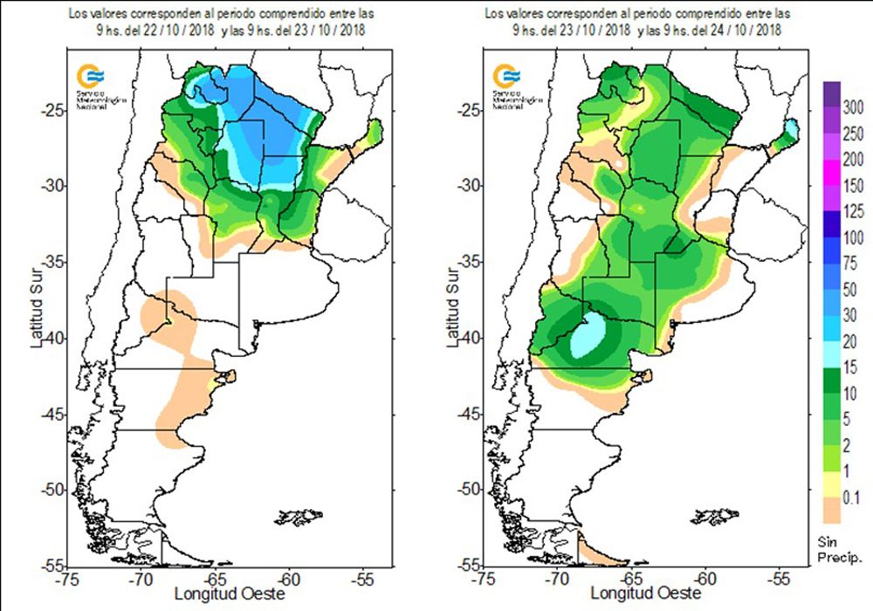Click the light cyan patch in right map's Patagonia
point(590,337)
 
